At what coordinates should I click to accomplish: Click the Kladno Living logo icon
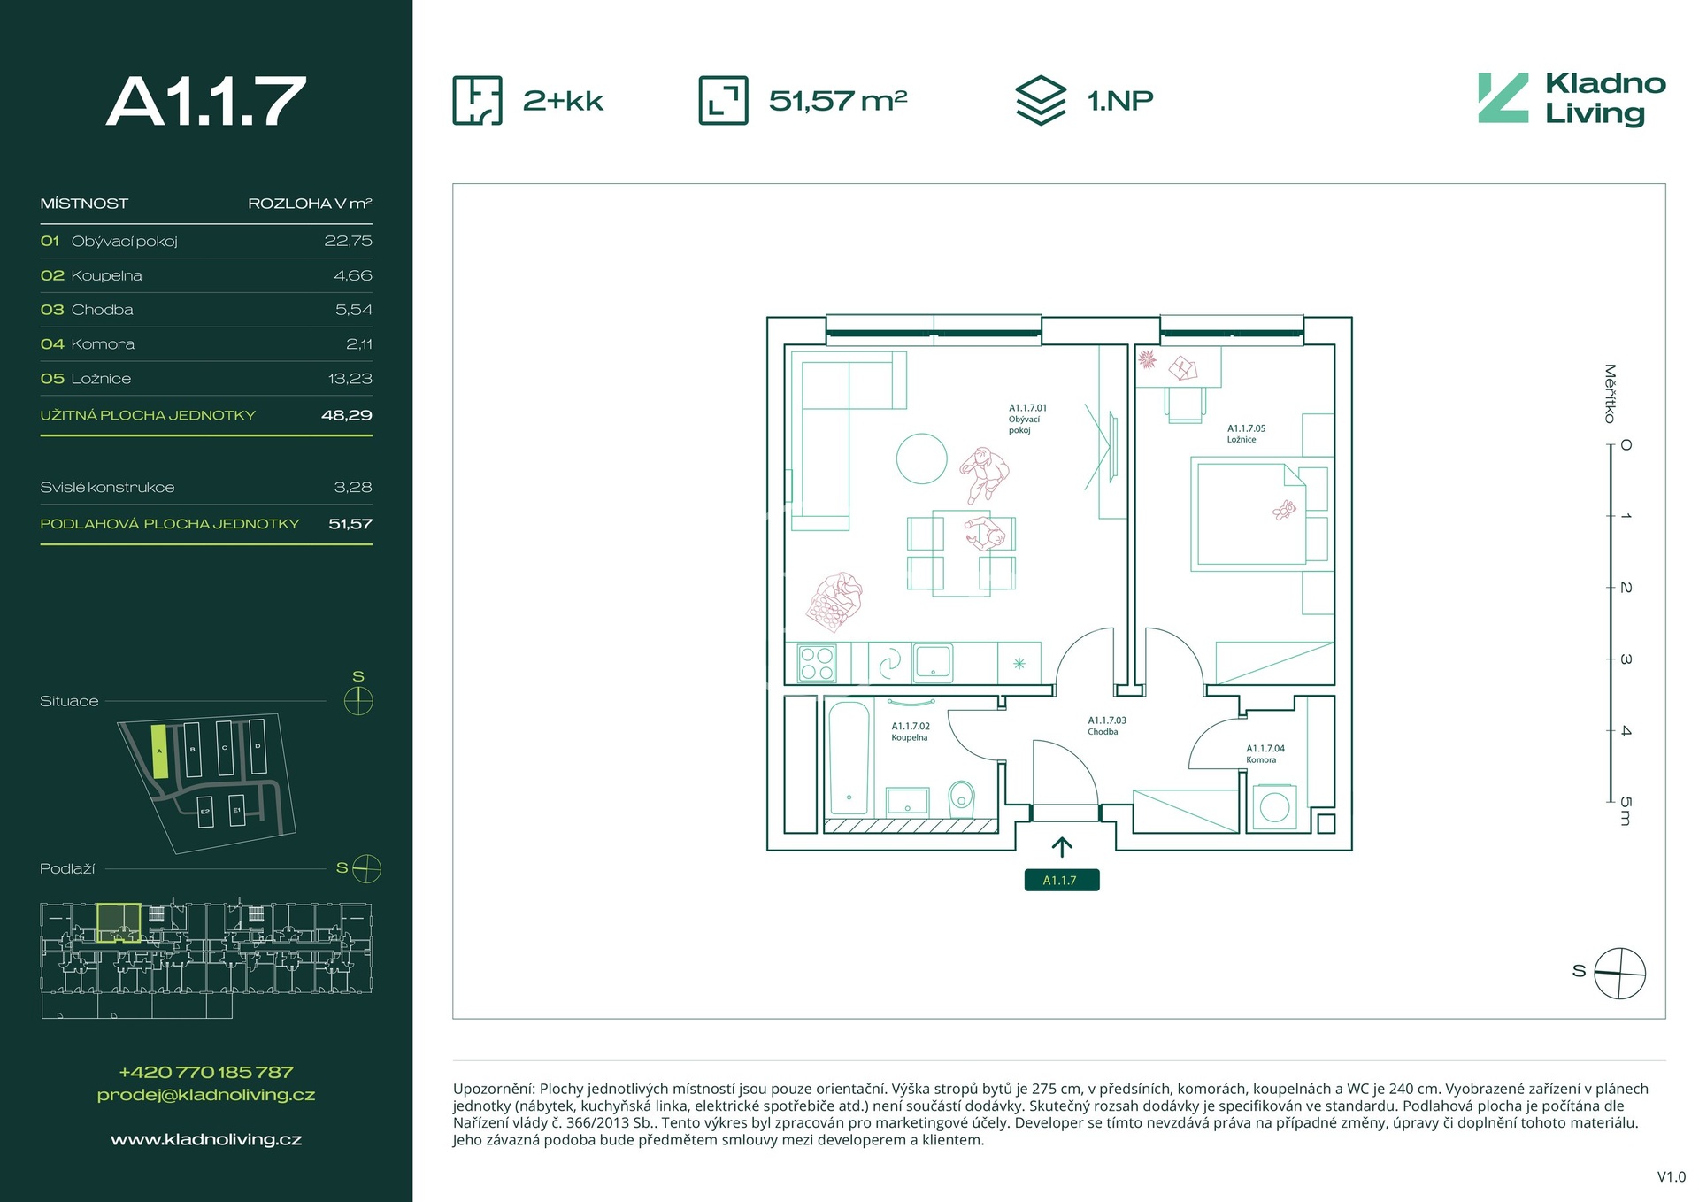tap(1503, 97)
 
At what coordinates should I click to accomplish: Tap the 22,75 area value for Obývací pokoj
tap(348, 241)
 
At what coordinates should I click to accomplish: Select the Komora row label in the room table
tap(103, 344)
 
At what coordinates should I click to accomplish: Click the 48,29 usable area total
tap(346, 415)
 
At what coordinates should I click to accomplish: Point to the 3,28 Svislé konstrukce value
tap(353, 488)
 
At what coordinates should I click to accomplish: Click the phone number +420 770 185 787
tap(206, 1072)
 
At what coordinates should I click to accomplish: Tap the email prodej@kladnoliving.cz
tap(206, 1095)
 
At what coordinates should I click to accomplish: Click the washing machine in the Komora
tap(1274, 806)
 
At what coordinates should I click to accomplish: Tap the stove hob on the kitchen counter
tap(817, 663)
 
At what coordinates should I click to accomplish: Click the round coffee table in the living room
tap(921, 458)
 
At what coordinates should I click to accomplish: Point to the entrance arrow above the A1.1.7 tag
tap(1062, 847)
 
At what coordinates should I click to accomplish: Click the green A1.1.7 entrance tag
tap(1062, 881)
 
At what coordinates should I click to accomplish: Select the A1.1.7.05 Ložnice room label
tap(1246, 434)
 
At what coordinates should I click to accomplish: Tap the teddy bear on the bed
tap(1284, 510)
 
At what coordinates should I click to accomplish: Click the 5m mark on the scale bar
tap(1626, 811)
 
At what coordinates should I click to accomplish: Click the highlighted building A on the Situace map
tap(159, 751)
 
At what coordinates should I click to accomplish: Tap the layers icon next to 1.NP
tap(1041, 100)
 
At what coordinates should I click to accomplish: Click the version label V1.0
tap(1672, 1177)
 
